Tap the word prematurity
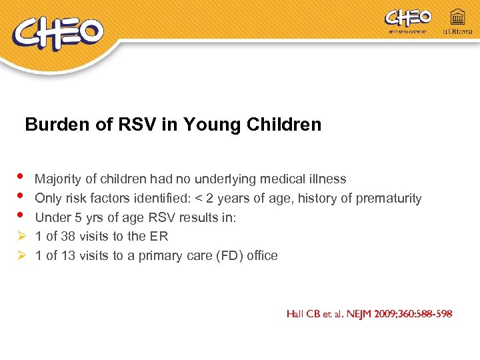(389, 198)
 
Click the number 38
(69, 236)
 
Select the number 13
(69, 255)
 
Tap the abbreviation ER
(159, 236)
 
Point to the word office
(261, 255)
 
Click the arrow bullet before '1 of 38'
(20, 236)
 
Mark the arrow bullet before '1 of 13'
(20, 255)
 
